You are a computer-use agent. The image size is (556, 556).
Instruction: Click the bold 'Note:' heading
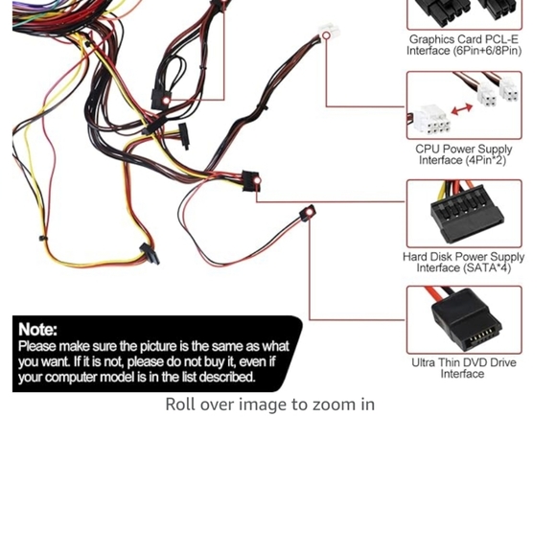[38, 330]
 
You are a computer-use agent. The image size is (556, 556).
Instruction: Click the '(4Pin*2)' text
[487, 160]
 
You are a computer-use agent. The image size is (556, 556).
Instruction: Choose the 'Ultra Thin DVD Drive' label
[464, 362]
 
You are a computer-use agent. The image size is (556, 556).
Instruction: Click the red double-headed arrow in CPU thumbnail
[462, 111]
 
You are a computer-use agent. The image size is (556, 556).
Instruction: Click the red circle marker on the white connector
[326, 35]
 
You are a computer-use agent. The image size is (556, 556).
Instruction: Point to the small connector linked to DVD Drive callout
[308, 215]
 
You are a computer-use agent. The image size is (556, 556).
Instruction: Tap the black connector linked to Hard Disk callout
[251, 181]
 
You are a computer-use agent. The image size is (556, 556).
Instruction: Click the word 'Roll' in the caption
[182, 405]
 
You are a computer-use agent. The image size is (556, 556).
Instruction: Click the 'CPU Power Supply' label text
[464, 149]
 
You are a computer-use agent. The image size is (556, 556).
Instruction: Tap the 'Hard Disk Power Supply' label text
[464, 257]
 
